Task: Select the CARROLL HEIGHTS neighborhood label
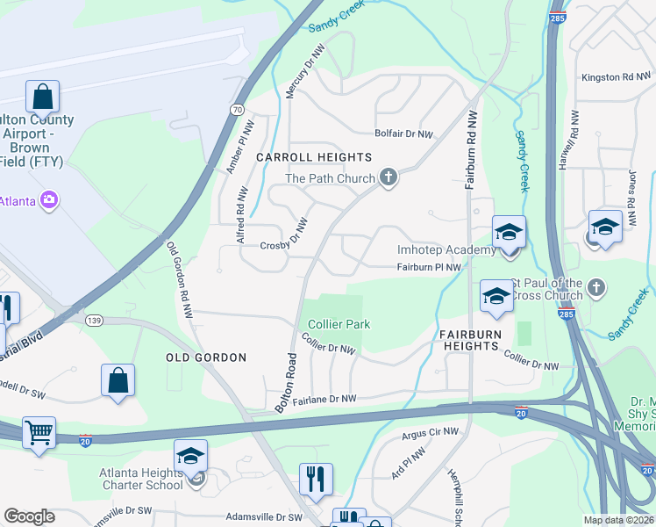point(314,157)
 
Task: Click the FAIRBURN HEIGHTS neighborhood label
point(470,340)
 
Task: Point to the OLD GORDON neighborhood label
point(206,357)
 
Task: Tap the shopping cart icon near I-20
point(39,431)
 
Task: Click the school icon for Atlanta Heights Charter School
point(190,455)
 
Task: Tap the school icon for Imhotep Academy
point(509,232)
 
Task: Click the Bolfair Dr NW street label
point(404,134)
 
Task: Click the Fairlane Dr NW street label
point(324,400)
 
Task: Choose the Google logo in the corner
point(30,516)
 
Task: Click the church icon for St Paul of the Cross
point(596,287)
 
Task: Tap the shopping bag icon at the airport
point(42,96)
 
